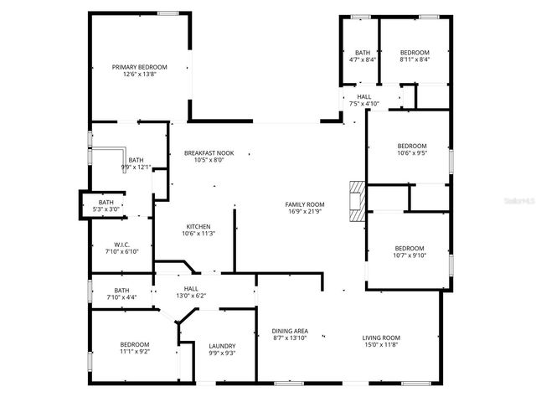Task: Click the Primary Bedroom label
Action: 140,67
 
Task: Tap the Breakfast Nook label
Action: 209,153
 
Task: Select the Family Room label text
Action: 304,204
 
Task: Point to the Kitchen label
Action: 198,227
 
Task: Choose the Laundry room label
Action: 222,346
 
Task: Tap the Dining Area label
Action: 290,332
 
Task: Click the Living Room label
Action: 381,338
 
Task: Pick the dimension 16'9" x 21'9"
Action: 304,211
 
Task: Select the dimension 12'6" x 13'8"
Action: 140,75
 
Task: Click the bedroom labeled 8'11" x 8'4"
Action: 414,55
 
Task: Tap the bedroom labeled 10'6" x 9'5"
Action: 411,149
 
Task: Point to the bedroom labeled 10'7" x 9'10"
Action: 409,252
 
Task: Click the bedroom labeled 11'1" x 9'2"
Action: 134,348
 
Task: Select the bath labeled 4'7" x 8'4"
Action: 363,55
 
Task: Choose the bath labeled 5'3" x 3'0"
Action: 106,205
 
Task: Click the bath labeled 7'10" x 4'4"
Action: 121,294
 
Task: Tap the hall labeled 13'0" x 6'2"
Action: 190,291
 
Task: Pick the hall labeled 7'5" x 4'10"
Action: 364,100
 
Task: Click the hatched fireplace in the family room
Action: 358,201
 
